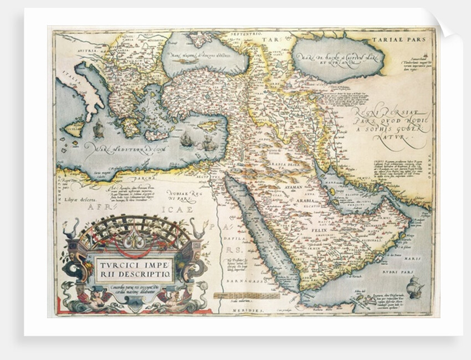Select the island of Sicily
coord(75,127)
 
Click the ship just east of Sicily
coord(99,130)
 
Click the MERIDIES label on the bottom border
coord(239,312)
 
